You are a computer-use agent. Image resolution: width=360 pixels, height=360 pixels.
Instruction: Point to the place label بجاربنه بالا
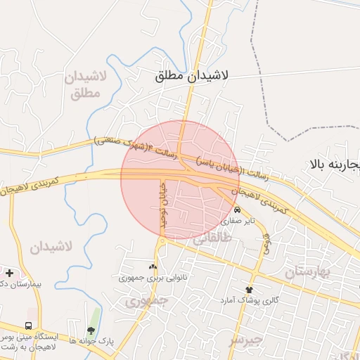(333, 165)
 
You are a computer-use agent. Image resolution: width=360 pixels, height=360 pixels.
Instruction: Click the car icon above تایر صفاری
(238, 210)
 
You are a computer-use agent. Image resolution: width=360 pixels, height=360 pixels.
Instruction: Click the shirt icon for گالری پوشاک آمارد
(249, 289)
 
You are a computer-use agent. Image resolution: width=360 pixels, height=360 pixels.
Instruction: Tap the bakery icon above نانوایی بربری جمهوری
(153, 266)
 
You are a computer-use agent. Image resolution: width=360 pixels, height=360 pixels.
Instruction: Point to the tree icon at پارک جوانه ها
(91, 330)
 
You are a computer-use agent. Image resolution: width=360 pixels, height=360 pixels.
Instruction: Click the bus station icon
(28, 326)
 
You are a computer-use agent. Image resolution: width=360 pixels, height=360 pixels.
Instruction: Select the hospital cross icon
(9, 273)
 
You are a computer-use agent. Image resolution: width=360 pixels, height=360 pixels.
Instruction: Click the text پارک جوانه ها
(91, 341)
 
